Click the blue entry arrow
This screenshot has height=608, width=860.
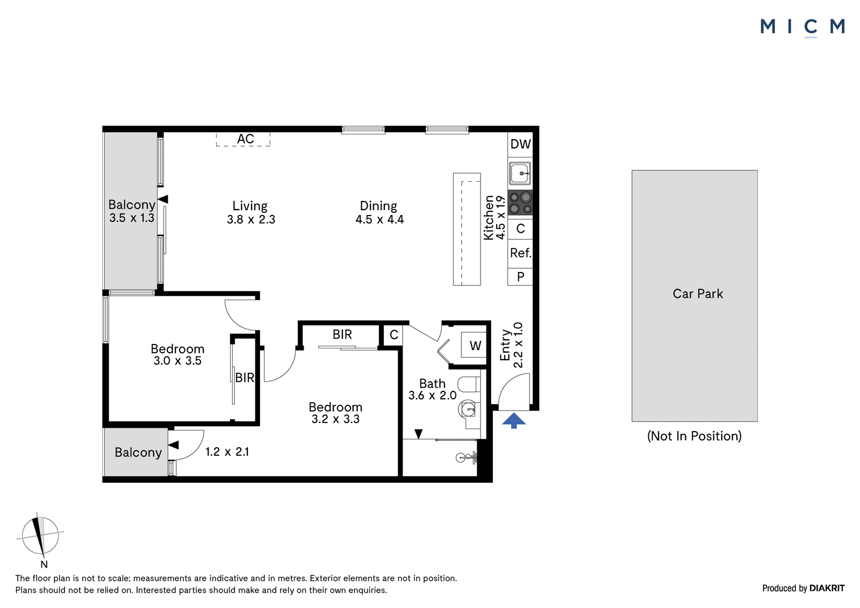(x=514, y=420)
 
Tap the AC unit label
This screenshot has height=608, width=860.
(x=245, y=139)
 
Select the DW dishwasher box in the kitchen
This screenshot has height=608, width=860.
(x=520, y=144)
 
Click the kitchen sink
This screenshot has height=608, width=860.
(x=520, y=173)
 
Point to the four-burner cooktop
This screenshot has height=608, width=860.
(x=520, y=203)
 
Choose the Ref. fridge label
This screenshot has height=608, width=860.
(x=521, y=253)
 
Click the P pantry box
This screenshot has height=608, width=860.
(x=520, y=276)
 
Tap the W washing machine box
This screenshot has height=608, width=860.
(x=474, y=345)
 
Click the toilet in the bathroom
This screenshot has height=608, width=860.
(x=469, y=384)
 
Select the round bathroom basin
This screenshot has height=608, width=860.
(x=468, y=410)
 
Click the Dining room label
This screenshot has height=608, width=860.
(x=378, y=206)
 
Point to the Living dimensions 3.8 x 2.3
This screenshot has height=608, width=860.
(x=250, y=219)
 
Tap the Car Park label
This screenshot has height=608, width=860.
(x=698, y=294)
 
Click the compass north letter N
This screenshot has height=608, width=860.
(x=44, y=564)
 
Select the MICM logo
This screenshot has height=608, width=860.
(x=803, y=27)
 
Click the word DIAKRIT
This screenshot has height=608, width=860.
(x=827, y=588)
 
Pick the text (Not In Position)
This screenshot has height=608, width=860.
(x=694, y=436)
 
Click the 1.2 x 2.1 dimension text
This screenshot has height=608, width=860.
(x=227, y=452)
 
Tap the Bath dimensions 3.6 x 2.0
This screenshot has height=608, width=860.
(x=432, y=395)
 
